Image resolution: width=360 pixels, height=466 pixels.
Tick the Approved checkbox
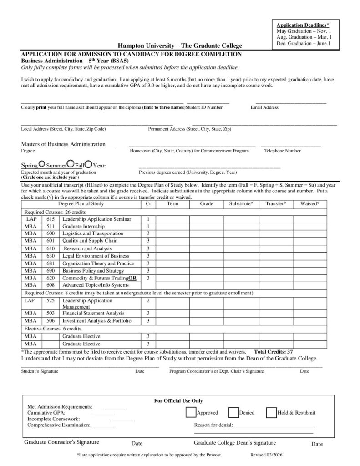[190, 412]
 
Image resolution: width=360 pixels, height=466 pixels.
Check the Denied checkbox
[233, 412]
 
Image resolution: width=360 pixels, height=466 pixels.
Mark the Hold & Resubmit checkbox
[271, 412]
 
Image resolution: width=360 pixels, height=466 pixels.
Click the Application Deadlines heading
[304, 25]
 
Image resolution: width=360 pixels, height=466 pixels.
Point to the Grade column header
[206, 204]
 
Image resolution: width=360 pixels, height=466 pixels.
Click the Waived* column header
[309, 204]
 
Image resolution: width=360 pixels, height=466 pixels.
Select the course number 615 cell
[51, 219]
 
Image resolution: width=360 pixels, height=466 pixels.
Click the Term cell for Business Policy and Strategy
[172, 270]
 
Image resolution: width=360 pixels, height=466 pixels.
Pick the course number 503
[51, 313]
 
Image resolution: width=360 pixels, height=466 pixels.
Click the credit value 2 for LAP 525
[148, 301]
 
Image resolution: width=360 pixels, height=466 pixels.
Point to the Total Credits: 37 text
[273, 352]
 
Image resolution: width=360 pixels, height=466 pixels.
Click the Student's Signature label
[40, 371]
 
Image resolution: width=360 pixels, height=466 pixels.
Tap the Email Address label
[264, 108]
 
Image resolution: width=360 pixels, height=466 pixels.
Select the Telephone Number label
[282, 151]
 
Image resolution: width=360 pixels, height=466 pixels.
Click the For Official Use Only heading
[178, 400]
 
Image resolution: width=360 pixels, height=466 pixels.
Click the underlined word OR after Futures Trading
[132, 278]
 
